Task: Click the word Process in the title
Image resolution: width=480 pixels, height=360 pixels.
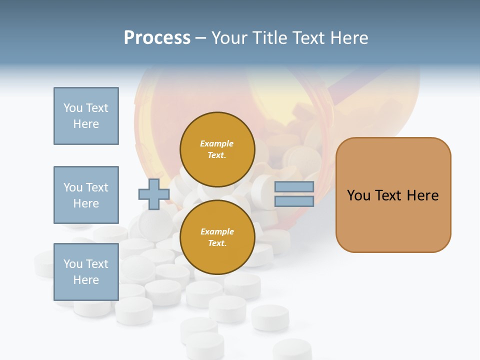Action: coord(157,38)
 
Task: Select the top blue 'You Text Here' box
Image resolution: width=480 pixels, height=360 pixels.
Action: coord(86,116)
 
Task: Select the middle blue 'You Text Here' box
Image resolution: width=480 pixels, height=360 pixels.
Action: coord(86,195)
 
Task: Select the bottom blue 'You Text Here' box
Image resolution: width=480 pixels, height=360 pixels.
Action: coord(86,272)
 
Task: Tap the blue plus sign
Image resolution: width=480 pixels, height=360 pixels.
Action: coord(153,194)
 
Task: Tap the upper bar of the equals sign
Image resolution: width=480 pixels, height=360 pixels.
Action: coord(294,187)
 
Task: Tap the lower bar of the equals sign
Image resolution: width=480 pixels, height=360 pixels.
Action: coord(294,201)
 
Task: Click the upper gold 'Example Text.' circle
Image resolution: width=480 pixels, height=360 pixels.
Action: coord(217,149)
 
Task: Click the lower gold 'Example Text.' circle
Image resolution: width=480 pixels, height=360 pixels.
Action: coord(217,237)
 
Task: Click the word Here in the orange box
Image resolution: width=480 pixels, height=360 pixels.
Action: coord(422,195)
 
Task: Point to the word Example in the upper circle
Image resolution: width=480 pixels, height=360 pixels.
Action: coord(217,143)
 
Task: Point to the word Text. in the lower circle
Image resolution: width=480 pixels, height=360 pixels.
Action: coord(217,243)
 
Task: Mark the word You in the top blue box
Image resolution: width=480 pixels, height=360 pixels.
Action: coord(73,108)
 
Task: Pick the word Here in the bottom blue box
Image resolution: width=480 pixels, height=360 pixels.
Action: coord(86,280)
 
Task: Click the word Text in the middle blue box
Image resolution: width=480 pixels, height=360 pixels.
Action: coord(96,187)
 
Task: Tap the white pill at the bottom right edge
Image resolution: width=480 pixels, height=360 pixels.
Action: coord(292,349)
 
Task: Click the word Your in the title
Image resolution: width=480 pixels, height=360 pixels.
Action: coord(228,38)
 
